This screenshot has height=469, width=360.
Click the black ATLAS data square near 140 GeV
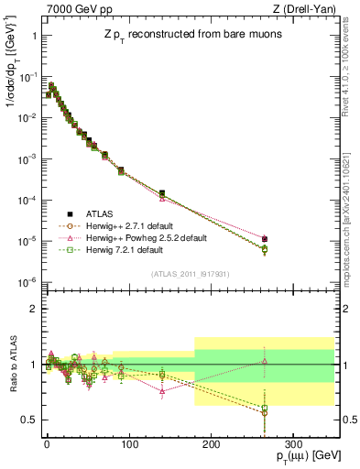(x=161, y=193)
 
